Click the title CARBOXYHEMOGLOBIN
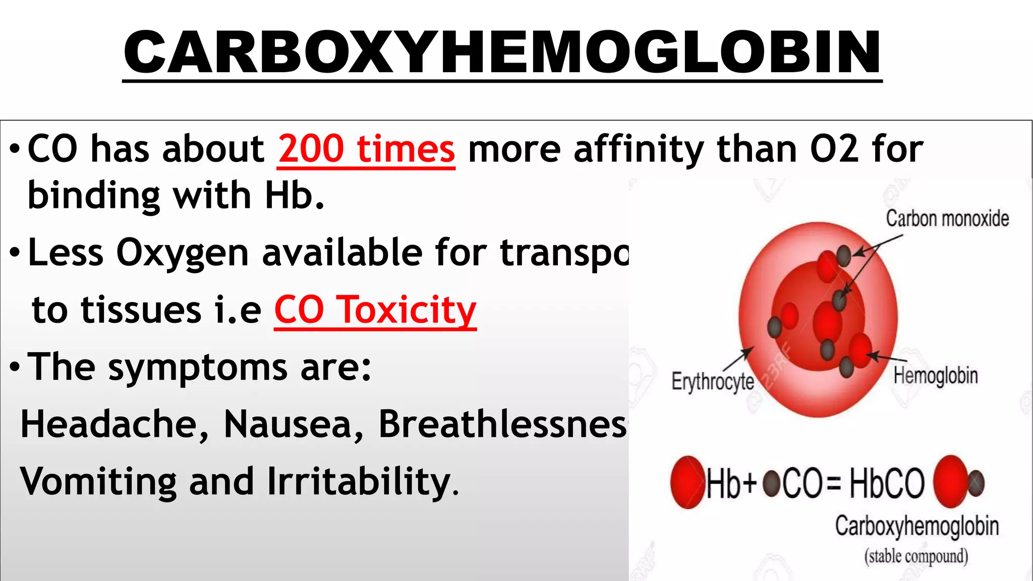pos(502,52)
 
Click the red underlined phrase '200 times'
pos(366,149)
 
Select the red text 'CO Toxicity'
pos(375,310)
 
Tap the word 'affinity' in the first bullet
pos(639,149)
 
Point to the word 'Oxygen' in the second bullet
pos(182,252)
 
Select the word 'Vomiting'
pos(98,482)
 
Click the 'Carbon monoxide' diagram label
pos(947,219)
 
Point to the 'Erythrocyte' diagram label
pos(713,381)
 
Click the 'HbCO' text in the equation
pos(887,483)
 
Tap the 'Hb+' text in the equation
pos(732,483)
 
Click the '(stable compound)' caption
pos(916,556)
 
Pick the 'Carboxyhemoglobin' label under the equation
pos(916,526)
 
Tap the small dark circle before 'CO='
pos(771,483)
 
